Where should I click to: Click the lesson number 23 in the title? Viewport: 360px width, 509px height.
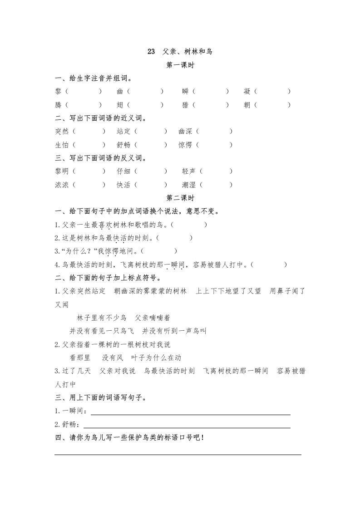click(x=151, y=52)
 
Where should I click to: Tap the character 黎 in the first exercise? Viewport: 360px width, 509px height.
click(x=58, y=92)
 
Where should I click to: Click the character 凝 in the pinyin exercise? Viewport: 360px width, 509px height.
click(x=247, y=92)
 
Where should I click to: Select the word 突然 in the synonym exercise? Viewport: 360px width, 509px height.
click(x=62, y=132)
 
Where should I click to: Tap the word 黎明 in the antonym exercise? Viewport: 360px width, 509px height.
click(x=62, y=171)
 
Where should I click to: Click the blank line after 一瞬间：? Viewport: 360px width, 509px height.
click(x=191, y=413)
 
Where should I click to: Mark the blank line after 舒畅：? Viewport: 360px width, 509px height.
click(x=191, y=426)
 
